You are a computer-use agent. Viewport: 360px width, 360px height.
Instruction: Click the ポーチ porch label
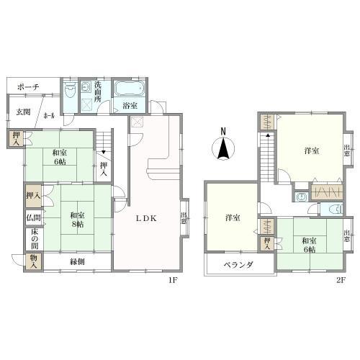tap(28, 87)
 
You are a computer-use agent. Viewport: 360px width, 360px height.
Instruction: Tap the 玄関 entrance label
tap(23, 112)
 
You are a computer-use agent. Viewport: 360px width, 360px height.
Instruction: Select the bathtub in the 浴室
tap(130, 89)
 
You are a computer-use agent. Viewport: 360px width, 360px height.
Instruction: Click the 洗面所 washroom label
tap(97, 91)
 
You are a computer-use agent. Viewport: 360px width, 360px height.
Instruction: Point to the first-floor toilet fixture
tap(70, 90)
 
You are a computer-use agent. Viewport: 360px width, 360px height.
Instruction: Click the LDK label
tap(146, 218)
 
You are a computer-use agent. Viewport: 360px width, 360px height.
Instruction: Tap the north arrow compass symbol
tap(223, 146)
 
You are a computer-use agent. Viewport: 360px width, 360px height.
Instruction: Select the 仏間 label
tap(34, 217)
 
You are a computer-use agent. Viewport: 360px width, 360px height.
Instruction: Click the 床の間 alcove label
tap(35, 239)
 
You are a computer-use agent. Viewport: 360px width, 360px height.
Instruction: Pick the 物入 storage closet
tap(34, 261)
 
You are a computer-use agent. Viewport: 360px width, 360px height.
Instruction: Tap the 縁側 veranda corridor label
tap(77, 261)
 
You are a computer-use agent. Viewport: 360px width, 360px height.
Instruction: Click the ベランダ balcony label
tap(238, 265)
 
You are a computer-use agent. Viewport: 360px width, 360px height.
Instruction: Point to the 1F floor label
tap(173, 280)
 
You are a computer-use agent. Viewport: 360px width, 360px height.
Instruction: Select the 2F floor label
tap(341, 280)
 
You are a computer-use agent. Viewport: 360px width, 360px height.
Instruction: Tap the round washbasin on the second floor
tap(300, 197)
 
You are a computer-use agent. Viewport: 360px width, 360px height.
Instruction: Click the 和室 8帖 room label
tap(77, 220)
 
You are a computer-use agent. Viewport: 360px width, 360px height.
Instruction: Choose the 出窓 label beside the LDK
tap(184, 218)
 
